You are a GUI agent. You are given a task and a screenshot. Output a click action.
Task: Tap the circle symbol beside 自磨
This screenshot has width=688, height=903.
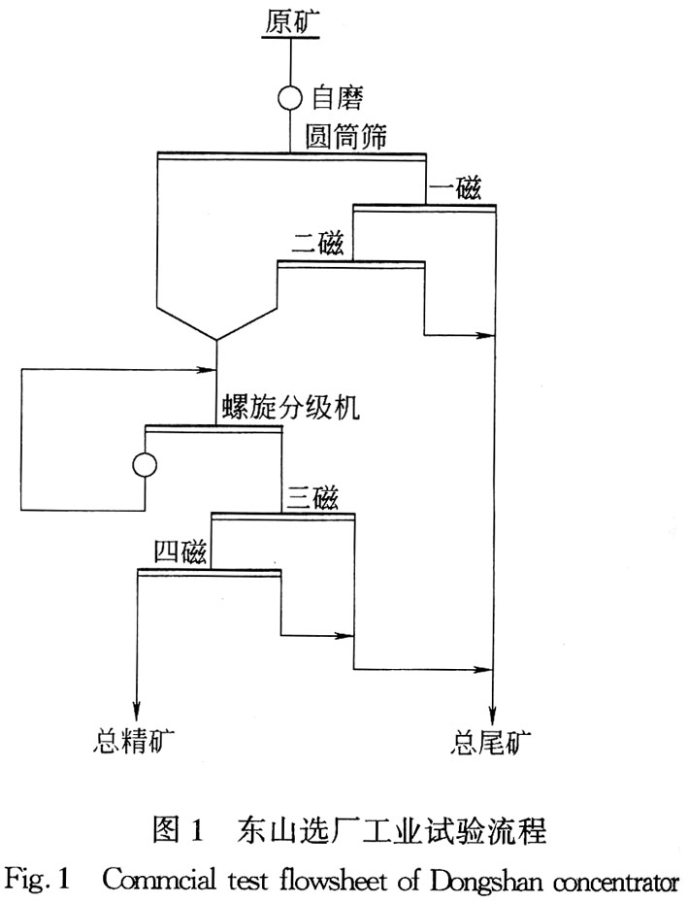[x=291, y=97]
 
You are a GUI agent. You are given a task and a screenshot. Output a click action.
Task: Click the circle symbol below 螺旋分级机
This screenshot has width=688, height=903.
[x=145, y=465]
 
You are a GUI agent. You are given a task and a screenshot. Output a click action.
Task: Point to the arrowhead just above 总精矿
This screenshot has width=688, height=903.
[x=137, y=707]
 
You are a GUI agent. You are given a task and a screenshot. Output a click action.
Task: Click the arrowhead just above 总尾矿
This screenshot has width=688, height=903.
[x=495, y=707]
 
